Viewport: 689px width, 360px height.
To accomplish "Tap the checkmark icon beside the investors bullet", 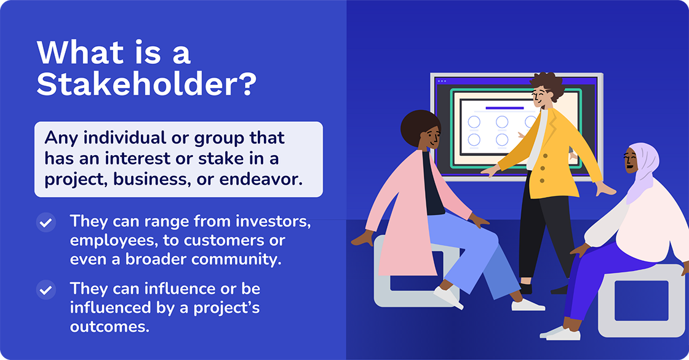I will tap(46, 222).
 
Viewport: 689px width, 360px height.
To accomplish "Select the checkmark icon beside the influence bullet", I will tap(46, 289).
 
